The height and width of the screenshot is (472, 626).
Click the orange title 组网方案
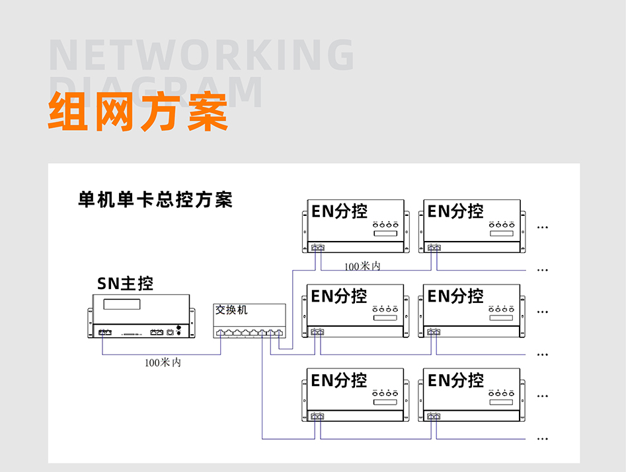click(x=138, y=112)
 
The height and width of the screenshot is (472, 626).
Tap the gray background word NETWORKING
click(x=202, y=56)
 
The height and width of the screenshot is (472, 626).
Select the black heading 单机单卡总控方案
click(x=155, y=199)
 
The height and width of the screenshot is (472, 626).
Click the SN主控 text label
click(x=125, y=283)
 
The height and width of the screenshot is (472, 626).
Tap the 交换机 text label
click(x=231, y=310)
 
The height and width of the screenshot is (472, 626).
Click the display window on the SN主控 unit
click(x=122, y=304)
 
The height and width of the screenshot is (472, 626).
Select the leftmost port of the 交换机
click(x=220, y=333)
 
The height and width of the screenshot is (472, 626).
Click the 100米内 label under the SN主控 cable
click(x=163, y=362)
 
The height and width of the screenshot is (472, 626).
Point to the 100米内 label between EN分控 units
click(x=362, y=266)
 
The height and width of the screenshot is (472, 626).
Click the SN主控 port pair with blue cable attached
click(x=105, y=332)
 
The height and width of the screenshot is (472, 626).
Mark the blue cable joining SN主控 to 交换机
click(x=162, y=354)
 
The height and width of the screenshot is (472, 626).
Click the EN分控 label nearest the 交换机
click(x=338, y=296)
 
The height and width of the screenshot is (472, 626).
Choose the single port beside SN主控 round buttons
click(x=169, y=332)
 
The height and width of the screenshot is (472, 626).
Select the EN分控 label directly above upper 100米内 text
click(x=338, y=211)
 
